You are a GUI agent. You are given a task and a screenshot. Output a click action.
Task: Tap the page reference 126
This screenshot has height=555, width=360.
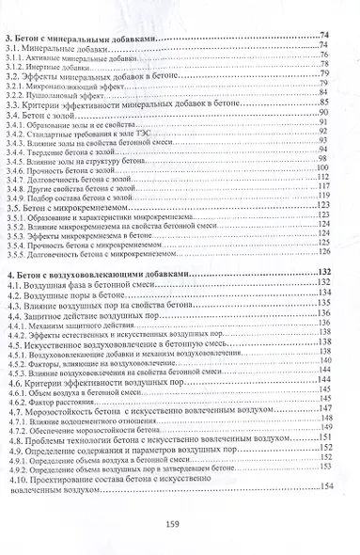[324, 251]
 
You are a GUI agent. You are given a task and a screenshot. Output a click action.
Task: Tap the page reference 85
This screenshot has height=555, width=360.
[322, 102]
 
